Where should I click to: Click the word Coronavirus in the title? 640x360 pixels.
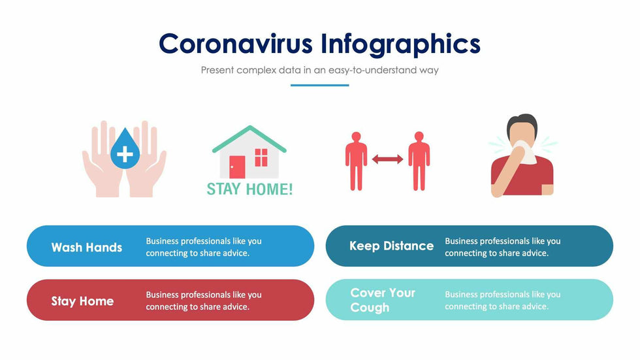[236, 44]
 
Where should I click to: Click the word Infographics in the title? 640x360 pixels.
[400, 44]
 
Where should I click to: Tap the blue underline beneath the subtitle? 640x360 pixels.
[319, 85]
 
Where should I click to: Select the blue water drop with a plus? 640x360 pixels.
[124, 150]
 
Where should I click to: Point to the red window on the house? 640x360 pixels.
[261, 157]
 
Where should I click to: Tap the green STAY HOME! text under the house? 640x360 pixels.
[249, 189]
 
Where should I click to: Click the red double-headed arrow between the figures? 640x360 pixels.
[387, 159]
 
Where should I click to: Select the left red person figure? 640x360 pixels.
[356, 160]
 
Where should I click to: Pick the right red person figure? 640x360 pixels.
[419, 160]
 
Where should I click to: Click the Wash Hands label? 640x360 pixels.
[87, 248]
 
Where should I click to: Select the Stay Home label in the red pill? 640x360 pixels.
[82, 301]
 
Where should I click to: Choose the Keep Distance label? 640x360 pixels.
[391, 246]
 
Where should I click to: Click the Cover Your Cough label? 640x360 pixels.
[382, 300]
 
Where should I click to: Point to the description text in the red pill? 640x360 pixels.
[203, 301]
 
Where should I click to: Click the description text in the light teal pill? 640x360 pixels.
[502, 300]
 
